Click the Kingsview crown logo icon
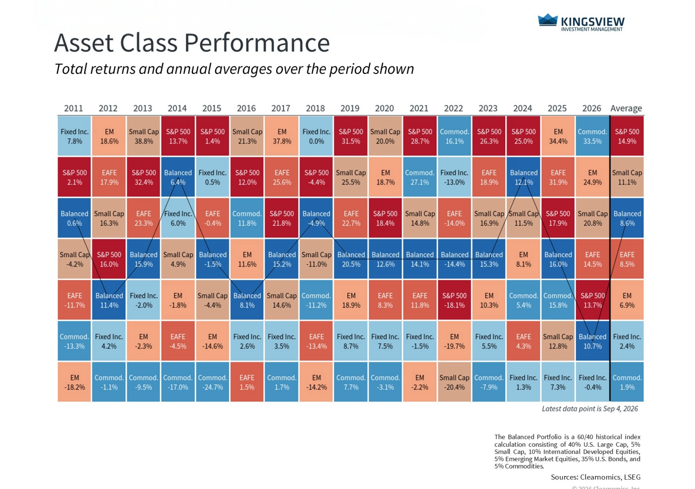pyautogui.click(x=548, y=20)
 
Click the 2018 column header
pyautogui.click(x=315, y=108)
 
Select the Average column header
pyautogui.click(x=626, y=108)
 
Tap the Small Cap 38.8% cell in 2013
pyautogui.click(x=143, y=136)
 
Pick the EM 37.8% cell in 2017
pyautogui.click(x=281, y=136)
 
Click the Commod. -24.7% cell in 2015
pyautogui.click(x=212, y=382)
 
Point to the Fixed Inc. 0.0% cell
pyautogui.click(x=316, y=136)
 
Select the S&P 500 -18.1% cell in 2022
pyautogui.click(x=454, y=300)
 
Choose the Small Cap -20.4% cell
pyautogui.click(x=454, y=382)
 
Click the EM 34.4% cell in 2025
pyautogui.click(x=558, y=136)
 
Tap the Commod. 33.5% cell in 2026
pyautogui.click(x=592, y=136)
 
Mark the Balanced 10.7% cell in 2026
pyautogui.click(x=592, y=341)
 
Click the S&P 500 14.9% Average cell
pyautogui.click(x=627, y=136)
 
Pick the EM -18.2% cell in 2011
pyautogui.click(x=74, y=382)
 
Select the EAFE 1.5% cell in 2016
pyautogui.click(x=247, y=382)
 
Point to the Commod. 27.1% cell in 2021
pyautogui.click(x=420, y=177)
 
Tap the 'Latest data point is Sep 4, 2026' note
pyautogui.click(x=590, y=409)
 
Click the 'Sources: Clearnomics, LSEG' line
pyautogui.click(x=595, y=477)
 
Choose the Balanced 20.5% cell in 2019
pyautogui.click(x=351, y=259)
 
